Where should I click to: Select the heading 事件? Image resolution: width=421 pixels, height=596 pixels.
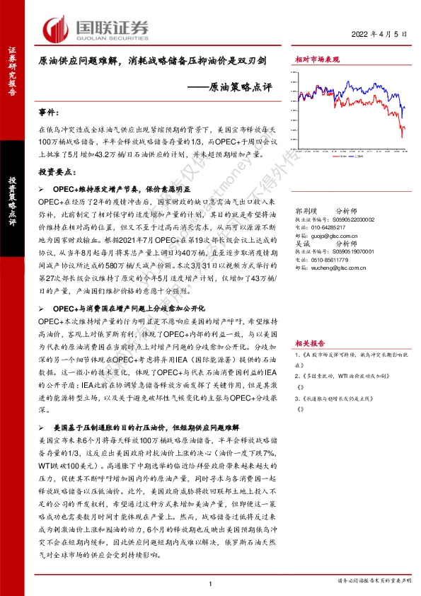point(51,113)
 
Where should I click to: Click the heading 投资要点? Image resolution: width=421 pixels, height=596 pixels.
point(56,173)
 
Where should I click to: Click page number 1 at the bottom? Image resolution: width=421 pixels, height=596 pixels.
point(211,582)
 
